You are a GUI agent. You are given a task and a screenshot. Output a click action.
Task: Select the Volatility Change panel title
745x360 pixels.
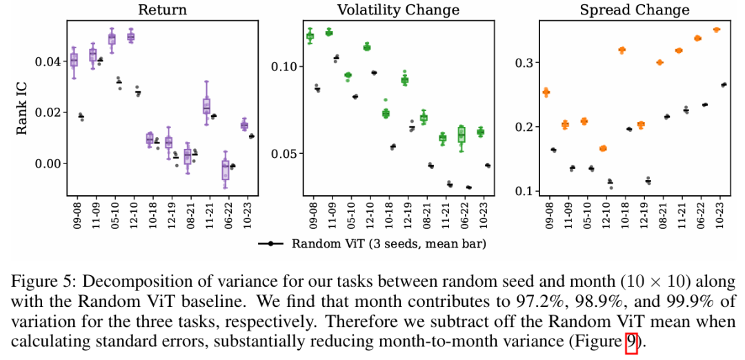[x=398, y=10]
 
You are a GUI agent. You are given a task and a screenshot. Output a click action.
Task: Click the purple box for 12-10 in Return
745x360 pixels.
[x=131, y=37]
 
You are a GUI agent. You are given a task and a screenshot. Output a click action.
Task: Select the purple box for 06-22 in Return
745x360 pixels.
[x=225, y=170]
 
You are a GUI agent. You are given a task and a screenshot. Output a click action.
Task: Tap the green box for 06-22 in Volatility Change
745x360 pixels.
[x=461, y=134]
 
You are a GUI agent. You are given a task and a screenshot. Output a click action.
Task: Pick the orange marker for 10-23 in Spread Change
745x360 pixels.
[x=717, y=30]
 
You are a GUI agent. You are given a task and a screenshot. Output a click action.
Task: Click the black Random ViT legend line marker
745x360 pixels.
[x=271, y=244]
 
